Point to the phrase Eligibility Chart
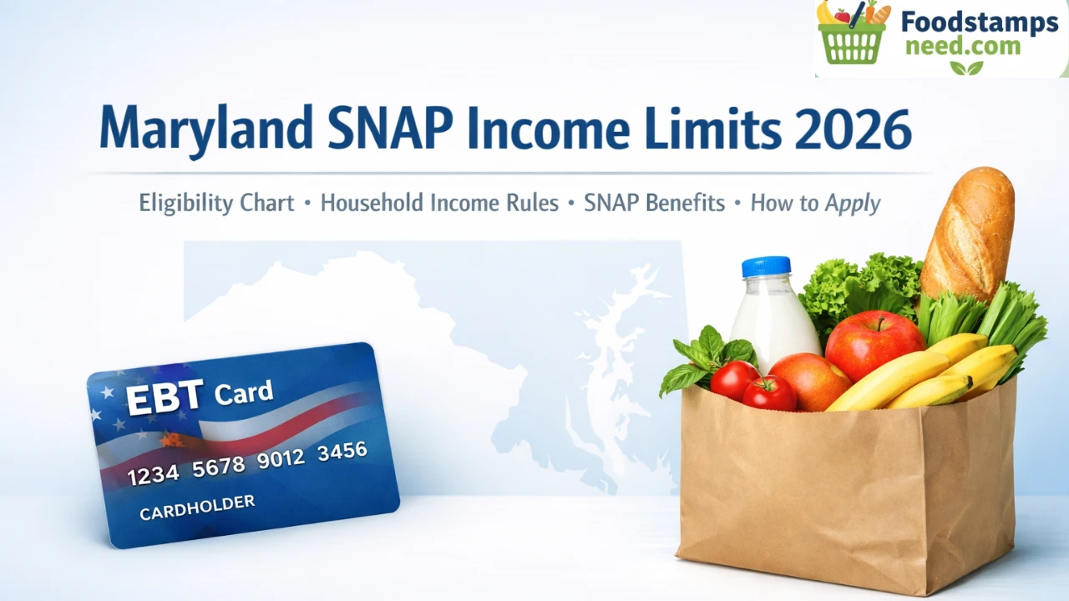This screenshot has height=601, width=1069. (x=216, y=203)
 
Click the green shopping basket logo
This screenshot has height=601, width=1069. (x=853, y=33)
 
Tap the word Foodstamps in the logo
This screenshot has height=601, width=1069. (x=980, y=23)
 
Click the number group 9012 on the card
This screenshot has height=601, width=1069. (x=281, y=459)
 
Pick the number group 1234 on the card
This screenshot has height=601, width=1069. (x=153, y=475)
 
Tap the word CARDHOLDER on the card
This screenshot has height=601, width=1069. (x=197, y=508)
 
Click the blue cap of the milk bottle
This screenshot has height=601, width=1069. (x=766, y=266)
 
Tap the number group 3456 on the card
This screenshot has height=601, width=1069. (x=342, y=452)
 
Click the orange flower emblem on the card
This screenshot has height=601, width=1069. (x=171, y=439)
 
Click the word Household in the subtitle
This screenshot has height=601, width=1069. (x=372, y=203)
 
